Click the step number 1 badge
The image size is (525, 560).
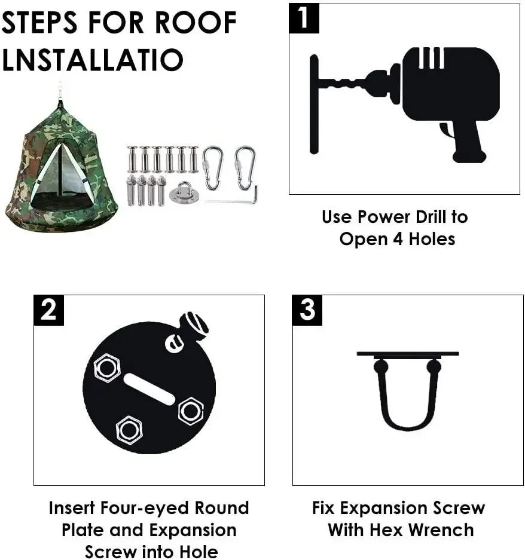point(304,18)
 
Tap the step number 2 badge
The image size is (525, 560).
point(48,310)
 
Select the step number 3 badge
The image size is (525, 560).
point(307,310)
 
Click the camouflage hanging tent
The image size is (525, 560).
point(60,167)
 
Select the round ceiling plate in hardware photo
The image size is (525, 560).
point(184,194)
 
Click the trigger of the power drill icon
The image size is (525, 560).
point(445,129)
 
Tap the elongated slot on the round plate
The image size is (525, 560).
point(149,390)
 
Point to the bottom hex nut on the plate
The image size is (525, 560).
point(129,429)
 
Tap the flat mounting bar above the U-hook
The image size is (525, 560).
point(407,354)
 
